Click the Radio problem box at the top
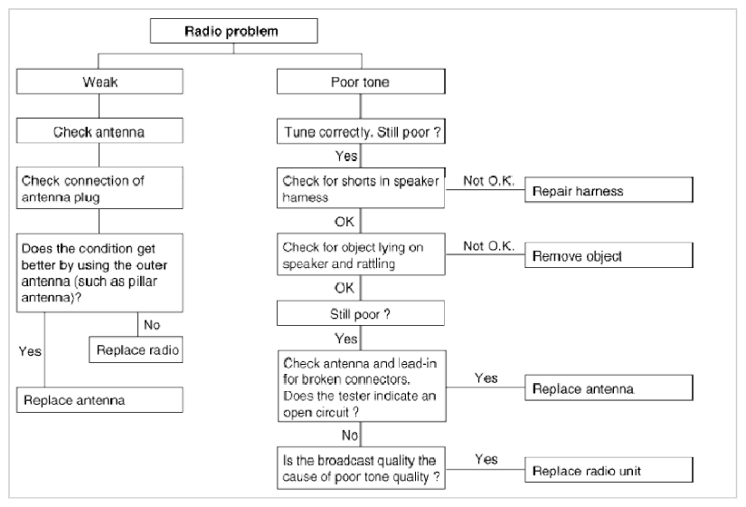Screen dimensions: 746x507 coord(233,31)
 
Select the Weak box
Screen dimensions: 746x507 coord(99,81)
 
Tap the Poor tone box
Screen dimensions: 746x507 coord(361,81)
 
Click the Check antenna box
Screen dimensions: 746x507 coord(99,130)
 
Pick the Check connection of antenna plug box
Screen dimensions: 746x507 coord(99,187)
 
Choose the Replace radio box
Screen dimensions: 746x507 coord(136,349)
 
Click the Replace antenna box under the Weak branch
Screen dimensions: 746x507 coord(99,400)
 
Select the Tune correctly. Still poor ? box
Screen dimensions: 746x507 coord(361,131)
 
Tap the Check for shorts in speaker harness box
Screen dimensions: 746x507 coord(361,187)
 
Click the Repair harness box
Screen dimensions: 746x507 coord(609,190)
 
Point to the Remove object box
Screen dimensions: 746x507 coord(609,255)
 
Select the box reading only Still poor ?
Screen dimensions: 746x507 coord(361,313)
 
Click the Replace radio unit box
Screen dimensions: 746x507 coord(609,470)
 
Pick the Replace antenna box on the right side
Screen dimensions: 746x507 coord(609,387)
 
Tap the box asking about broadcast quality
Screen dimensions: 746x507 coord(361,468)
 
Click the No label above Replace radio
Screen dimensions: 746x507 coord(152,325)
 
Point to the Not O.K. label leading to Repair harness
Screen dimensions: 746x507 coord(488,181)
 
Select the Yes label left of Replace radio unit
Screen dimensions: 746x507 coord(486,459)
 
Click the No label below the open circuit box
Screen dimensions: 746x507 coord(350,435)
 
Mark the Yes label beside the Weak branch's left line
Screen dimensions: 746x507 coord(30,351)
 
